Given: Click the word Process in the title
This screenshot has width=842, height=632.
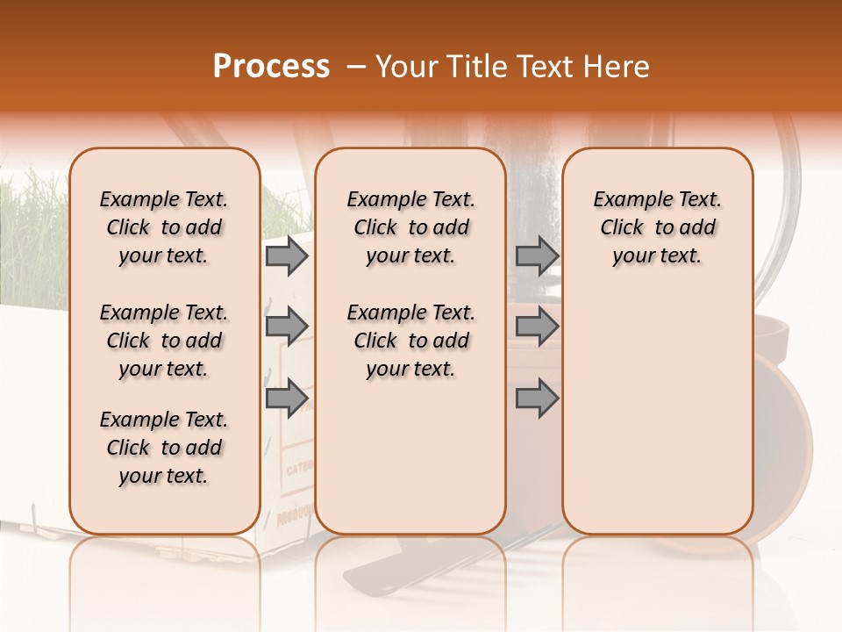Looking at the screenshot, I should point(271,67).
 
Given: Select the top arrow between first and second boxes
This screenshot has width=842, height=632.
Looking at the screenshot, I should point(286,255).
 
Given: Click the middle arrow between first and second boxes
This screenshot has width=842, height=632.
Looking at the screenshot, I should point(286,326).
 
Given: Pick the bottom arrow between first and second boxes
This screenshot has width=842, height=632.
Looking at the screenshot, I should point(286,398).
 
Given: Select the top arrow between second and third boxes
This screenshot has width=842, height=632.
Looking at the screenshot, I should point(537,255).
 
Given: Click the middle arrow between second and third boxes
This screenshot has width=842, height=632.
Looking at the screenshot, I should point(537,326).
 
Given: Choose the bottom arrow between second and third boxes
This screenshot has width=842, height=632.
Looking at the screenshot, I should point(537,398).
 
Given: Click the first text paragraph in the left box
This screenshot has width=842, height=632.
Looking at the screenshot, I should point(164,227).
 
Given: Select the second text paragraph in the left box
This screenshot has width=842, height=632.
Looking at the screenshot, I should point(164,341).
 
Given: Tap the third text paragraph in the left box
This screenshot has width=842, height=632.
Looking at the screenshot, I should point(164,448).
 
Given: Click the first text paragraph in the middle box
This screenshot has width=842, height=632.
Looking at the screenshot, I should point(411,227).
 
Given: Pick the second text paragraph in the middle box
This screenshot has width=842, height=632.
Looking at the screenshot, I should point(411,341).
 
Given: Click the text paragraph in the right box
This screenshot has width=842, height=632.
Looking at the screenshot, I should point(658,227).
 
